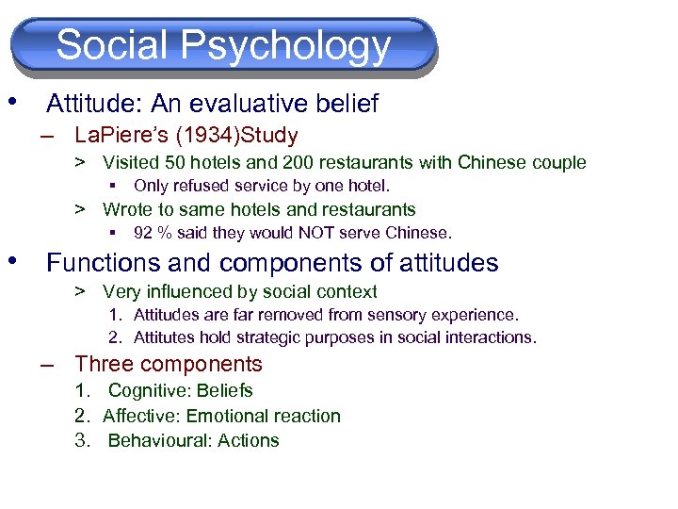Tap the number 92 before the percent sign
click(143, 233)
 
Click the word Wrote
click(126, 209)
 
